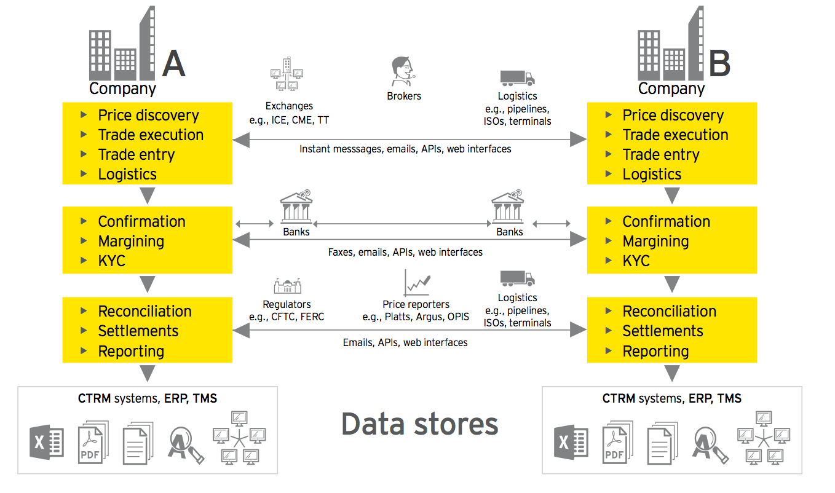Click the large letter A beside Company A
pyautogui.click(x=173, y=64)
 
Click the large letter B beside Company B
pyautogui.click(x=719, y=64)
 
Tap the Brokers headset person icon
pyautogui.click(x=403, y=73)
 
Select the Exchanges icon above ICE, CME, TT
pyautogui.click(x=287, y=76)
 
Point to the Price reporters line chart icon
pyautogui.click(x=417, y=283)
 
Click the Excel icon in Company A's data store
pyautogui.click(x=47, y=442)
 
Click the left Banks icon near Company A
pyautogui.click(x=296, y=207)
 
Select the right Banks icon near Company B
pyautogui.click(x=508, y=207)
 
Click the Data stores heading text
pyautogui.click(x=419, y=424)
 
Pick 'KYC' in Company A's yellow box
pyautogui.click(x=111, y=261)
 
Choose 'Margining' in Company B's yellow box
pyautogui.click(x=655, y=241)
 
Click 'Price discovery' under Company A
pyautogui.click(x=148, y=115)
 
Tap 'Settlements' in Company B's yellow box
pyautogui.click(x=663, y=331)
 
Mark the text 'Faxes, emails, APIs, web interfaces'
pyautogui.click(x=405, y=252)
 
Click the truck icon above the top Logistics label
pyautogui.click(x=517, y=78)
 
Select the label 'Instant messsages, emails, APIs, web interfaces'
pyautogui.click(x=405, y=149)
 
